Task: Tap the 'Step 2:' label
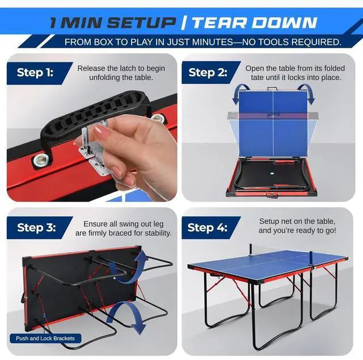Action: (x=208, y=72)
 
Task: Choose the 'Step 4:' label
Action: (x=208, y=228)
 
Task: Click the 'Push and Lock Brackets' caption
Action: (x=45, y=338)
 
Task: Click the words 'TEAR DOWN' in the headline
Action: (x=253, y=23)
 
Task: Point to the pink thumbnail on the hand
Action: (x=102, y=133)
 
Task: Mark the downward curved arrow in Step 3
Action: (x=124, y=315)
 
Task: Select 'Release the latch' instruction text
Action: (x=121, y=69)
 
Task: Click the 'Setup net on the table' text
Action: (x=297, y=221)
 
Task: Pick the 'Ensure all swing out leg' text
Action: (x=127, y=224)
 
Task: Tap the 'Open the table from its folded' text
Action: (x=293, y=68)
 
